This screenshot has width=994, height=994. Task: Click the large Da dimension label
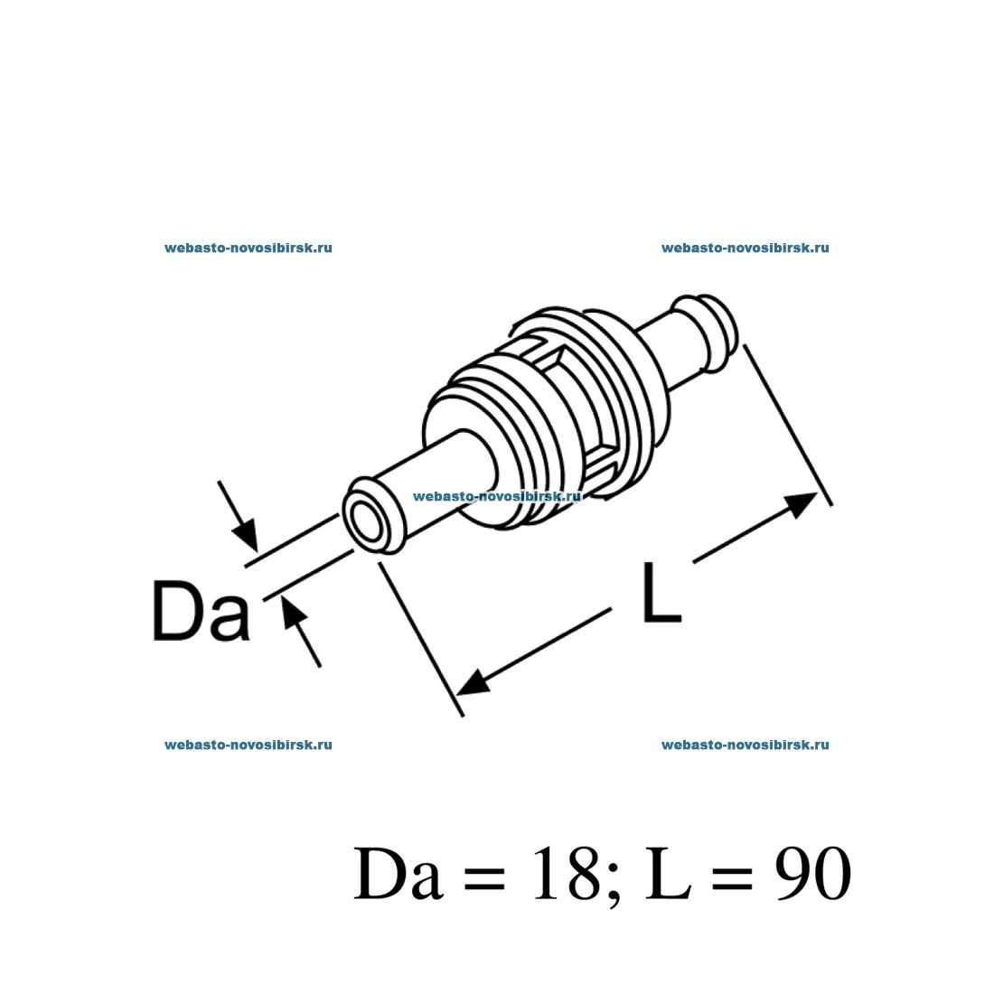pyautogui.click(x=200, y=612)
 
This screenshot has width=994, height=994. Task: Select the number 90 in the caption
pyautogui.click(x=812, y=875)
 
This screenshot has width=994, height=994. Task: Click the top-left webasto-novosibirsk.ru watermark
pyautogui.click(x=248, y=248)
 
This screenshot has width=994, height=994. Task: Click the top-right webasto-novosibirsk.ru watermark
pyautogui.click(x=745, y=248)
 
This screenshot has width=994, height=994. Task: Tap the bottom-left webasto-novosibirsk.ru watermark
pyautogui.click(x=248, y=745)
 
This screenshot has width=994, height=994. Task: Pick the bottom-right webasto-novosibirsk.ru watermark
pyautogui.click(x=745, y=745)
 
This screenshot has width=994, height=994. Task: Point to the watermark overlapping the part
pyautogui.click(x=496, y=496)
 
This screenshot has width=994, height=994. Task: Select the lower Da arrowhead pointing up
pyautogui.click(x=293, y=614)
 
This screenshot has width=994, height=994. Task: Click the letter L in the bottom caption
pyautogui.click(x=668, y=875)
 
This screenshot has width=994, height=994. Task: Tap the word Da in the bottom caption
pyautogui.click(x=399, y=875)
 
